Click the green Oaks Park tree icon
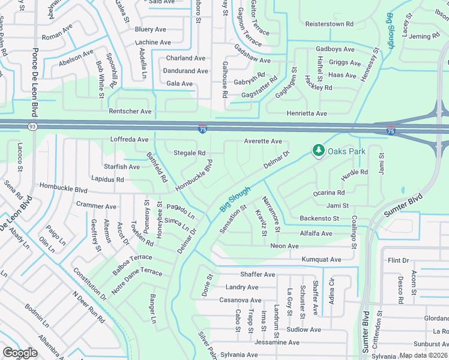tap(318, 150)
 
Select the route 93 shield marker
tap(32, 126)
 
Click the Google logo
tap(20, 352)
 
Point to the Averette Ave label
tap(262, 141)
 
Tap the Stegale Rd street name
tap(189, 153)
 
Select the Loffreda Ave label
tap(129, 139)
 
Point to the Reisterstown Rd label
tap(330, 24)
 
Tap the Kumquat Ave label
tap(322, 260)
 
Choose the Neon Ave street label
tap(284, 246)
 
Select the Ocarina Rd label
tap(329, 193)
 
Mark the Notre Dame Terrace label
tap(137, 272)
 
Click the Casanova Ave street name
tap(240, 300)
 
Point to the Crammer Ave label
tap(96, 206)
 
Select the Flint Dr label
tap(398, 260)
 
